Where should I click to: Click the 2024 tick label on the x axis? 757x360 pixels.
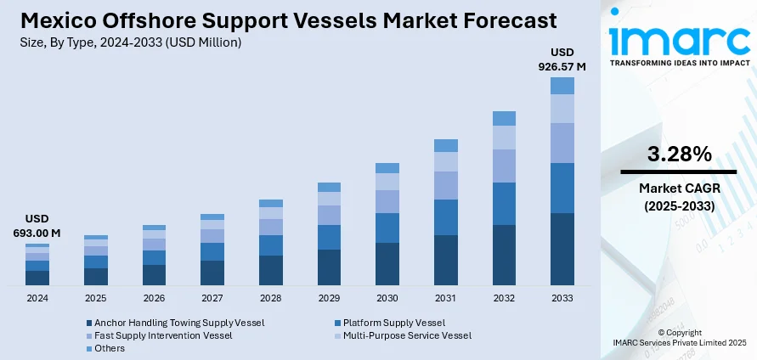point(37,299)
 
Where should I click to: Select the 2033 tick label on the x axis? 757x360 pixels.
point(562,299)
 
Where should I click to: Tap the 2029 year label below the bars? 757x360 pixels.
point(329,299)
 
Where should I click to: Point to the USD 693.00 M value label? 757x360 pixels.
point(37,226)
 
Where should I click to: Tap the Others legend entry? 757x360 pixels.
point(109,348)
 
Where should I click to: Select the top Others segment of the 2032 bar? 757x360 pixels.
point(504,118)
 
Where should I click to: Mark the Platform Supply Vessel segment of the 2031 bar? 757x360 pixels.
point(446,217)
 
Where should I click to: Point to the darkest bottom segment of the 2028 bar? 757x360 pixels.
point(271,270)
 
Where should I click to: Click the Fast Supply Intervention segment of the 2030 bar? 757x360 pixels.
point(387,201)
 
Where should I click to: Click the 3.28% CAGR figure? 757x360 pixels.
point(679,154)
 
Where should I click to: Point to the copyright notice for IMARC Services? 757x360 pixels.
point(679,337)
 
